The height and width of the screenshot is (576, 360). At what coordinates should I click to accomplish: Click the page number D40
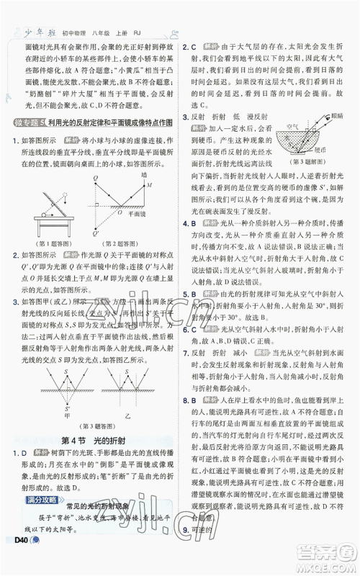pyautogui.click(x=16, y=562)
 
